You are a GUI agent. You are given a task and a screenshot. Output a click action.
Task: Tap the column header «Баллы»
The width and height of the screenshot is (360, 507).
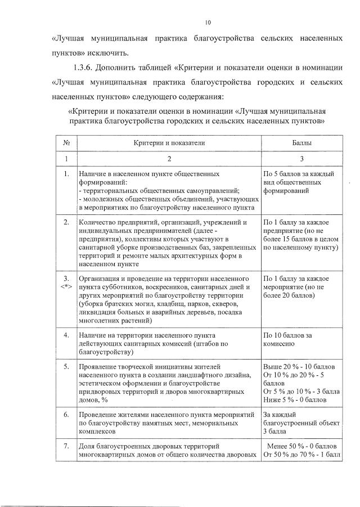pyautogui.click(x=301, y=143)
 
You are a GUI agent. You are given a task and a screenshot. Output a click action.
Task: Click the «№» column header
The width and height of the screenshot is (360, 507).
pyautogui.click(x=66, y=143)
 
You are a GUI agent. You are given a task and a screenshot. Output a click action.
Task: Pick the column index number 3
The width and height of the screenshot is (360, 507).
pyautogui.click(x=301, y=159)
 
